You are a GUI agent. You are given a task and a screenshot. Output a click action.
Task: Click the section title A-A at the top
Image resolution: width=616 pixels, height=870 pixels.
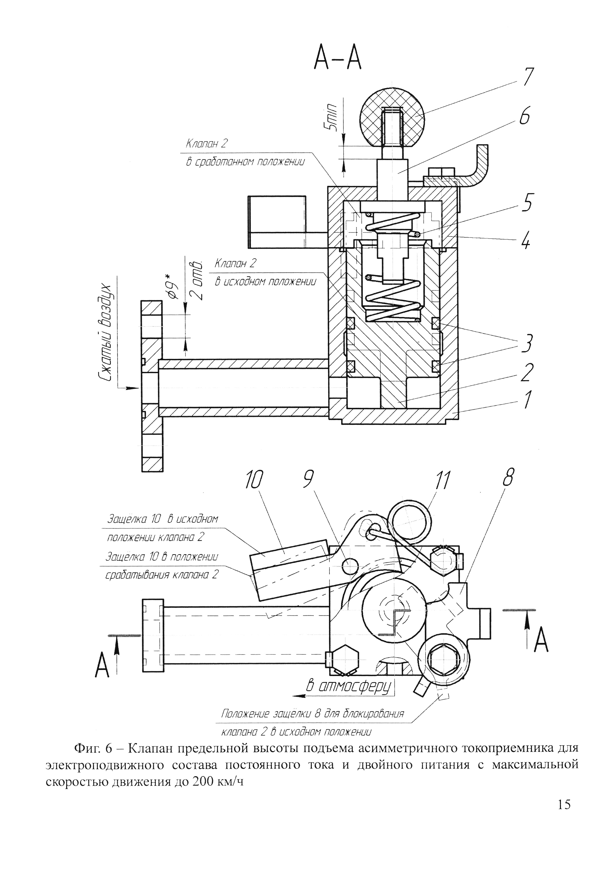[x=337, y=60]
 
